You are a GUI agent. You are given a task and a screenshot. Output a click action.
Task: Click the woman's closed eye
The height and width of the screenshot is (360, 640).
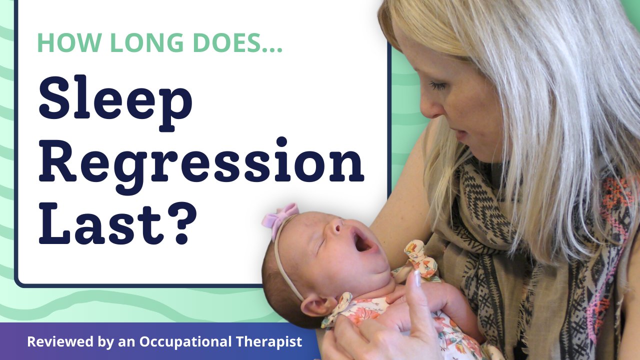(x=439, y=86)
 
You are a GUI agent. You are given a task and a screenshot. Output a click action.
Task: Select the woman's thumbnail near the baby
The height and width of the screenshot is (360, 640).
(x=417, y=278)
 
